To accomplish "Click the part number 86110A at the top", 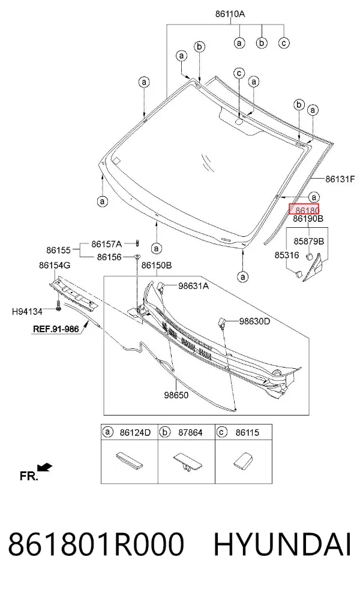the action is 230,14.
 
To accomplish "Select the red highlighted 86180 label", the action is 304,209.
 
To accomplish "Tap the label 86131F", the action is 340,179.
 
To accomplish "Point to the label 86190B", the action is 308,219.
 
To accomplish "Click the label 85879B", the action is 309,241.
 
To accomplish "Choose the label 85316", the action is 287,255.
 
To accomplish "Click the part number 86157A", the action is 107,244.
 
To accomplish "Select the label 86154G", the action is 55,265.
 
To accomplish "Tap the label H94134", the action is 27,312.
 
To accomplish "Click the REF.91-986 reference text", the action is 56,329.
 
